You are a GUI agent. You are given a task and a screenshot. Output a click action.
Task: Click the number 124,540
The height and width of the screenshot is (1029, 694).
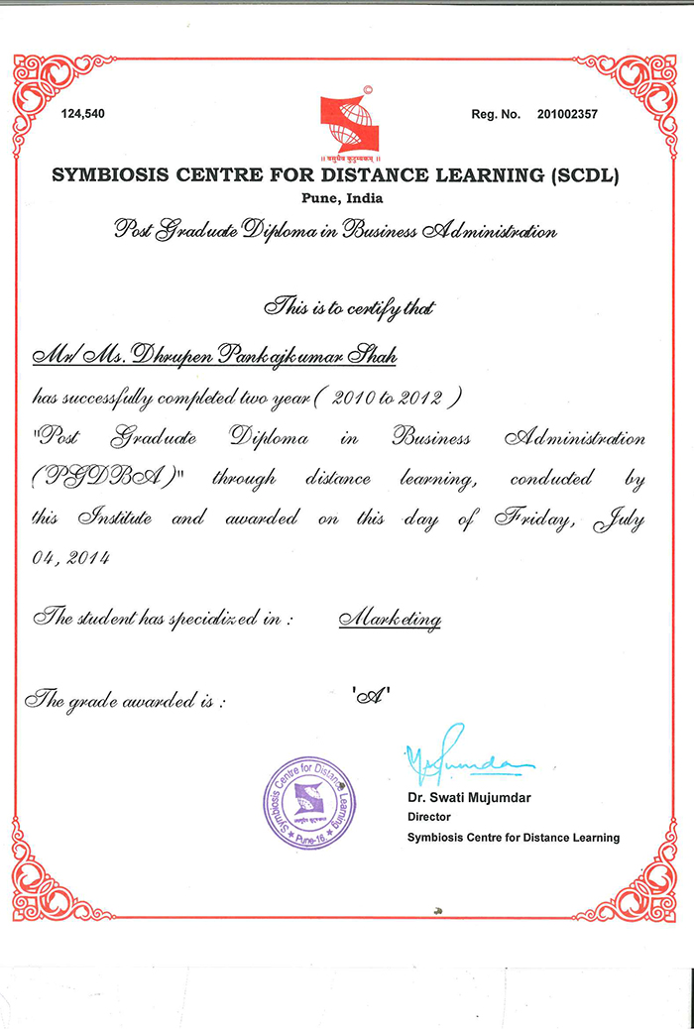(x=82, y=114)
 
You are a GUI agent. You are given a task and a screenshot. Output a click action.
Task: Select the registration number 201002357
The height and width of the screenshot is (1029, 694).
(x=567, y=114)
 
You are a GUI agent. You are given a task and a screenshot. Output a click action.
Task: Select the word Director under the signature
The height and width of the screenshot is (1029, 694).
(x=428, y=817)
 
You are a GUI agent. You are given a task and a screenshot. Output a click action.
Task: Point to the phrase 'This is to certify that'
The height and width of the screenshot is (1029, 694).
(x=348, y=309)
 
